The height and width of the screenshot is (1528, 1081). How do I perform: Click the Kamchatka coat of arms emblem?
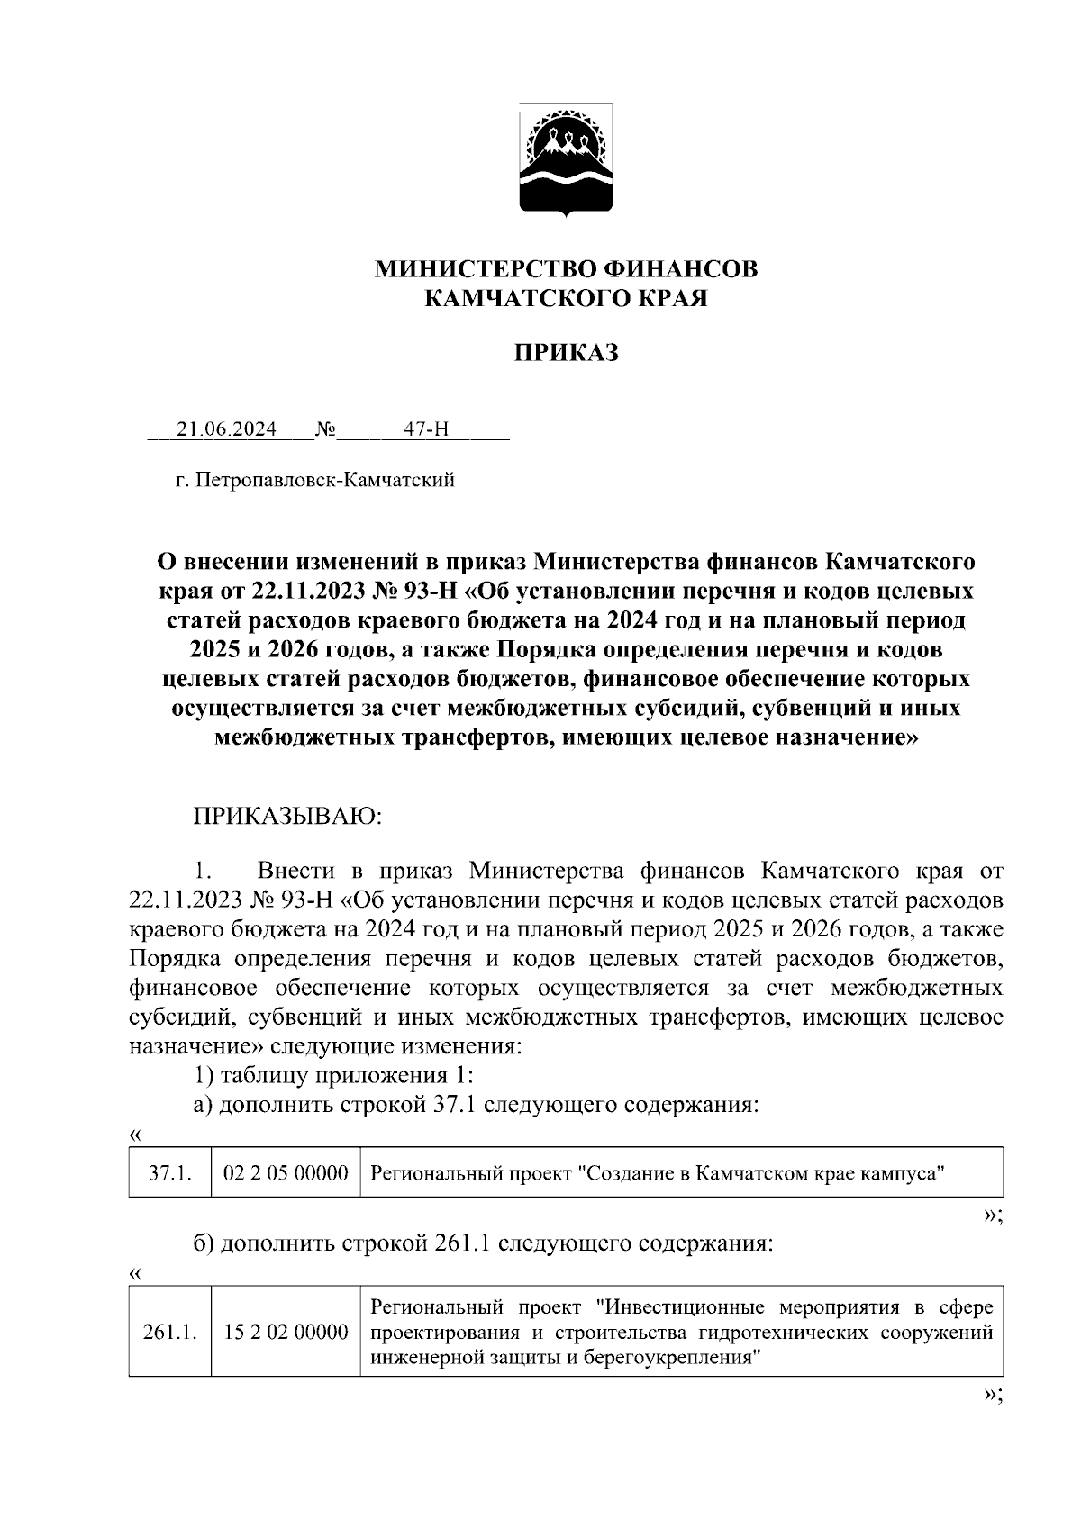[x=566, y=158]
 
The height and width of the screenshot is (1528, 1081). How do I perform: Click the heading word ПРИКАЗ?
[x=566, y=353]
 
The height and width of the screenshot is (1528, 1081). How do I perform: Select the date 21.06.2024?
[x=227, y=429]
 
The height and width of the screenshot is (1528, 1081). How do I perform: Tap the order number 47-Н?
[x=425, y=429]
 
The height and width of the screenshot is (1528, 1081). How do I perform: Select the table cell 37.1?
[x=169, y=1173]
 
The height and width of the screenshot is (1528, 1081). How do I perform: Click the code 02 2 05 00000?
[x=286, y=1173]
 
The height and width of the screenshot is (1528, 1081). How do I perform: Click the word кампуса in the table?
[x=904, y=1173]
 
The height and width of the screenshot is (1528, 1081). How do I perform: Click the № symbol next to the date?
[x=325, y=429]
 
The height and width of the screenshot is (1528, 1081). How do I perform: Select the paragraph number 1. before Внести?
[x=203, y=871]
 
